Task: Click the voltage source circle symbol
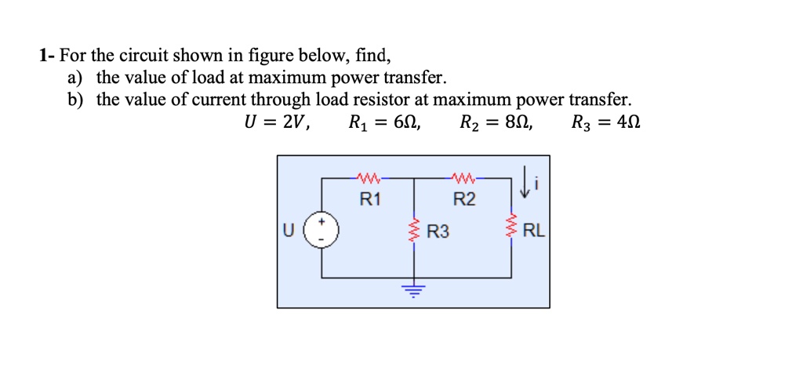[x=321, y=231]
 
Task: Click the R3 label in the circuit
[x=438, y=231]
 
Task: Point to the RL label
[x=532, y=231]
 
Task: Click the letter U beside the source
[x=289, y=231]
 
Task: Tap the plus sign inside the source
[x=321, y=223]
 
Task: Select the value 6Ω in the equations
[x=405, y=122]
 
